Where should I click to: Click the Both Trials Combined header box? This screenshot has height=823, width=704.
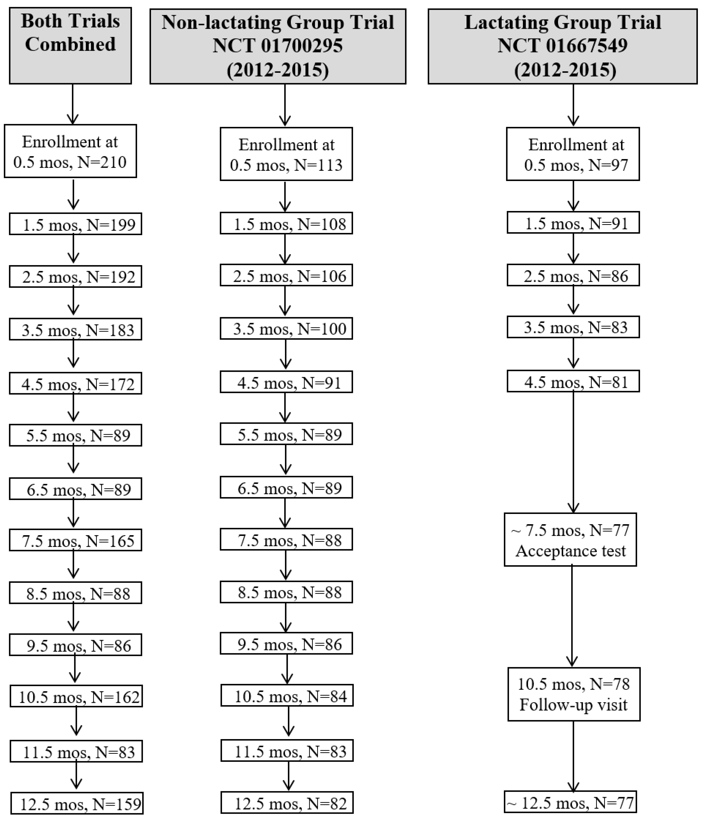pyautogui.click(x=70, y=46)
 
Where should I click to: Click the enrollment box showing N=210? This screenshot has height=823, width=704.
pyautogui.click(x=70, y=151)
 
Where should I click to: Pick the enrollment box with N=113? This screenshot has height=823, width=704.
pyautogui.click(x=286, y=154)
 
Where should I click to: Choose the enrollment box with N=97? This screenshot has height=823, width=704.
pyautogui.click(x=572, y=154)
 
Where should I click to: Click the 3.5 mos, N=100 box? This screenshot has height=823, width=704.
pyautogui.click(x=286, y=329)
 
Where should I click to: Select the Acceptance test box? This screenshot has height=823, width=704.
pyautogui.click(x=570, y=540)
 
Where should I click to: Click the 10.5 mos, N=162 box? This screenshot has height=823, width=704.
pyautogui.click(x=76, y=696)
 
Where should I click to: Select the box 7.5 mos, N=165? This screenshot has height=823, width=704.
pyautogui.click(x=75, y=540)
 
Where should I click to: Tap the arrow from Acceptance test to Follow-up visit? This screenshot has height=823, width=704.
pyautogui.click(x=572, y=616)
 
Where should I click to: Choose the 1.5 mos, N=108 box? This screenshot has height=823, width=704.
pyautogui.click(x=286, y=224)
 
